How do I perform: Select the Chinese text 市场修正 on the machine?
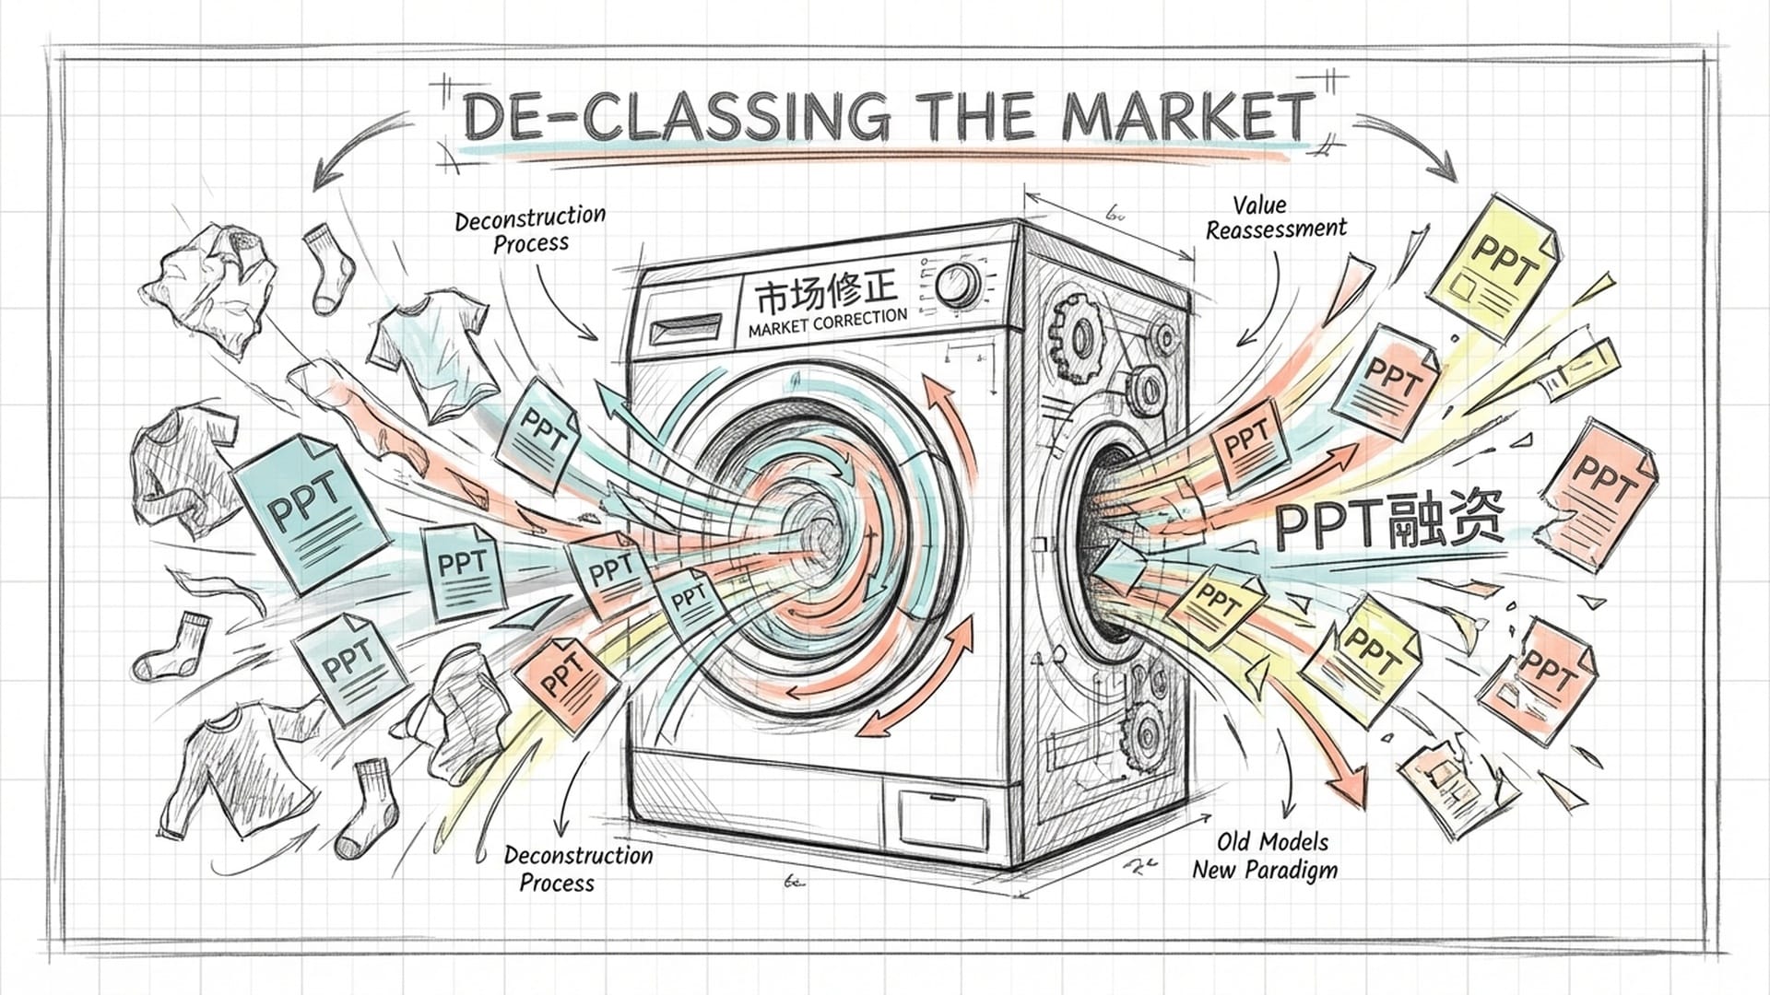[x=825, y=292]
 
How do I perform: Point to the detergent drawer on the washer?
[x=687, y=327]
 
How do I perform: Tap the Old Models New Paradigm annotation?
[x=1265, y=855]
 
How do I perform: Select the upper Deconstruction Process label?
[x=531, y=229]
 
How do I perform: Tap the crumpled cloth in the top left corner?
[x=214, y=281]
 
